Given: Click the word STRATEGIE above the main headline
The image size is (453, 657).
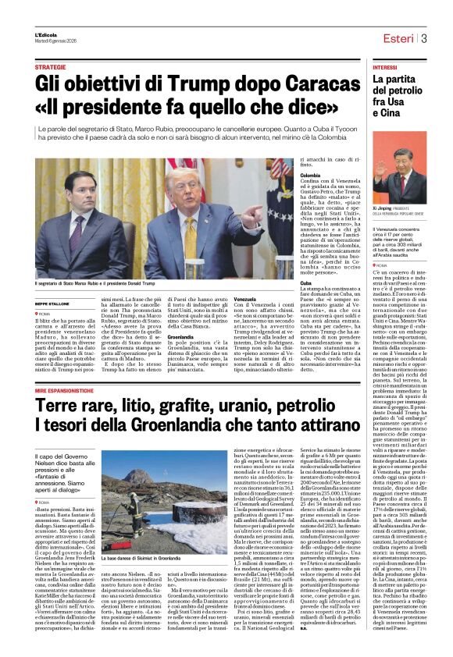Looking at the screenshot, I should tap(50, 68).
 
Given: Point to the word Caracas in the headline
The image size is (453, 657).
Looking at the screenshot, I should tap(265, 82).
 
